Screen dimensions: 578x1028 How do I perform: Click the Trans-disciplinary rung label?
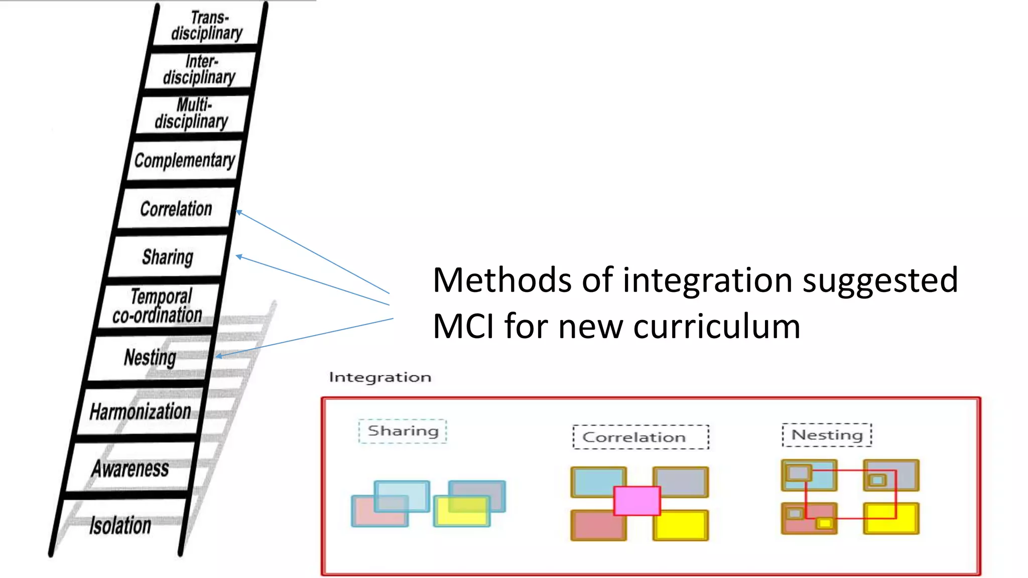pos(207,25)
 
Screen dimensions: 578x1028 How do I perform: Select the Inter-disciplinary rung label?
pos(199,69)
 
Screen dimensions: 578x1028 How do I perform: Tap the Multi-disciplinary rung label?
pos(192,113)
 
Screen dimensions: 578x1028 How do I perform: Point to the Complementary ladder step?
pos(184,160)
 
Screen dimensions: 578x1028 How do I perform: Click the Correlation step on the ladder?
pos(176,209)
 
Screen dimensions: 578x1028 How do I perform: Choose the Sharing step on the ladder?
pos(168,257)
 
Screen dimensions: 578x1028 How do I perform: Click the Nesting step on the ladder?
pos(150,358)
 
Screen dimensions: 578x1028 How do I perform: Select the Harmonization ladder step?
pos(141,411)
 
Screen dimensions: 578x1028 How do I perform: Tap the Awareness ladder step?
pos(131,468)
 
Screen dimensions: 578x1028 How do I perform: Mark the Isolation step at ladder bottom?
pos(120,525)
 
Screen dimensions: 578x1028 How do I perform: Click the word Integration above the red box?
pos(380,377)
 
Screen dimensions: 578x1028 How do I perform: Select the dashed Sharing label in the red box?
pos(403,431)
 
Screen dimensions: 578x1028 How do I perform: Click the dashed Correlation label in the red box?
pos(634,437)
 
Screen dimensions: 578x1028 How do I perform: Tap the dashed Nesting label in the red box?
pos(827,435)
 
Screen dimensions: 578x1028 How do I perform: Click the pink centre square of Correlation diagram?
pos(636,501)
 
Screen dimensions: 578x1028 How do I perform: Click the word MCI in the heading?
pos(463,327)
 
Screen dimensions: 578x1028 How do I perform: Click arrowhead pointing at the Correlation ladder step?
pos(238,212)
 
